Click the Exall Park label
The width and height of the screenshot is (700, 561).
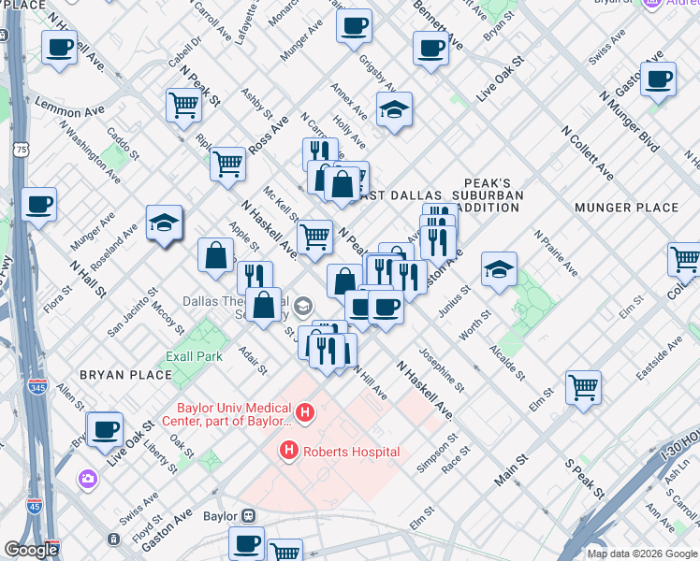pos(195,356)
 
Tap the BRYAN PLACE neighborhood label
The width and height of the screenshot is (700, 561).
pos(125,375)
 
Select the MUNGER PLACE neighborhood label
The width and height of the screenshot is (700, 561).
pos(625,207)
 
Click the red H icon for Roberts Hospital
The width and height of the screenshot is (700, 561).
pos(289,452)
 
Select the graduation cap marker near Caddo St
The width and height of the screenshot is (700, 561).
pos(164,223)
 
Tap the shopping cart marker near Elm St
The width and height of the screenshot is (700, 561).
pos(583,386)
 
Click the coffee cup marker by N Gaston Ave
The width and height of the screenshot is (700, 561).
pos(658,79)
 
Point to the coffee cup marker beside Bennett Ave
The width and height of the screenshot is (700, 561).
pos(430,48)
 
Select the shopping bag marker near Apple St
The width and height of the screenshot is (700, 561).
pos(215,256)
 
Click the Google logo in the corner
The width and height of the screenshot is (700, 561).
pos(31,550)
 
